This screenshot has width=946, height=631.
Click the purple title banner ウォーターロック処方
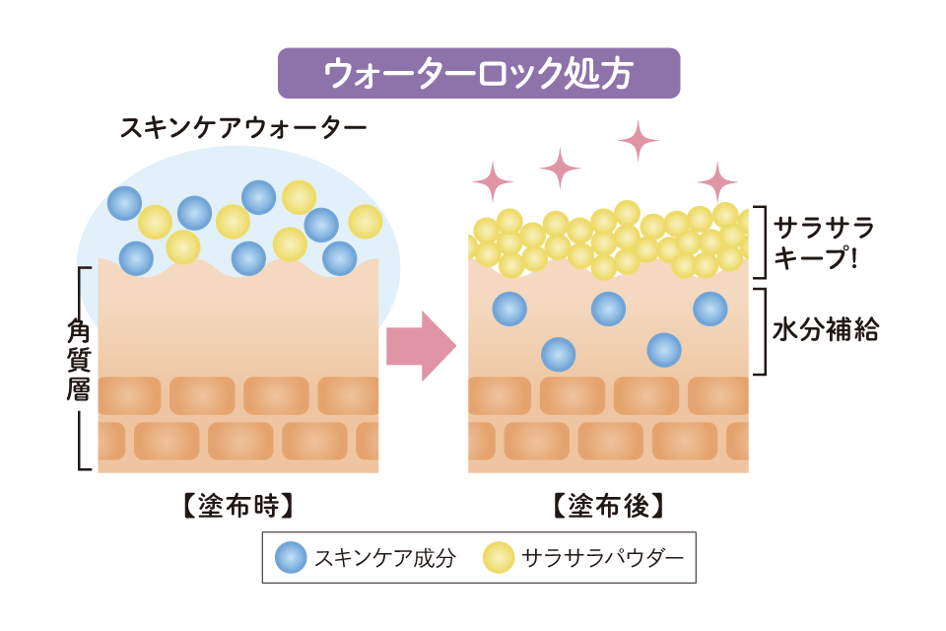tap(479, 73)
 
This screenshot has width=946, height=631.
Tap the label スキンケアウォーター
tap(242, 128)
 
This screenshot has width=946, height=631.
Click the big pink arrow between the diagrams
tap(421, 345)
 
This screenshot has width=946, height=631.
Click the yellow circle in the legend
tap(499, 559)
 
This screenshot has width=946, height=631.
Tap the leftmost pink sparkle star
tap(493, 181)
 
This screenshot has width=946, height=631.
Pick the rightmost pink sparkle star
tap(717, 181)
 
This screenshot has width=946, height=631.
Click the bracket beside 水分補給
tap(761, 331)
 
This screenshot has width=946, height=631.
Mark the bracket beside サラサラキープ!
tap(761, 243)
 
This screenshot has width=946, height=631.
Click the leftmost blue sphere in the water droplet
tap(125, 204)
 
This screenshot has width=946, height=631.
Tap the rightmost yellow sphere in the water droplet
tap(365, 221)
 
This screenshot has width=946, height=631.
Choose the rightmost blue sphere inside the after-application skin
tap(710, 309)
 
